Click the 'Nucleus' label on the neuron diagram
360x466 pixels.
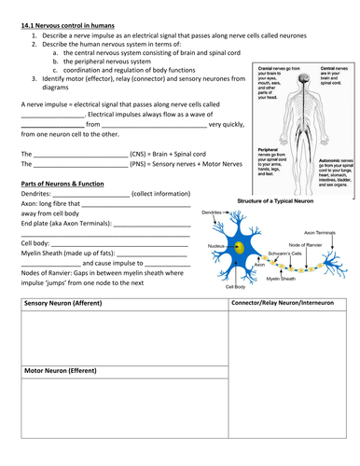215,245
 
